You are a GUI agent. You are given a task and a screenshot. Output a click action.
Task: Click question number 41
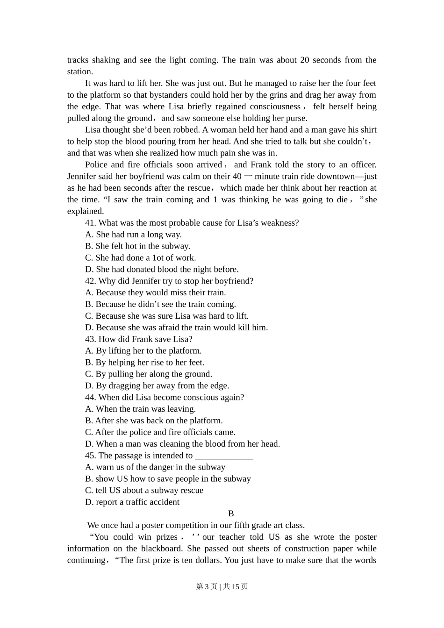(x=91, y=223)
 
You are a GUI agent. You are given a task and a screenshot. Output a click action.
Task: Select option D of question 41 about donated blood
(x=162, y=269)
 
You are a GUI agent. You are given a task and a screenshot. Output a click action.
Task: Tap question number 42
(x=91, y=281)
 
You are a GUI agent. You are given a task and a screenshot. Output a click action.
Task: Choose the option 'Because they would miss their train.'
(x=156, y=293)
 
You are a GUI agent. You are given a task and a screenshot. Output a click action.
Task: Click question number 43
(x=91, y=339)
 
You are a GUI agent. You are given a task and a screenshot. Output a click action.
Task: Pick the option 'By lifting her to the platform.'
(x=143, y=351)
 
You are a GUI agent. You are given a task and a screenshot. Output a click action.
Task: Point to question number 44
(x=91, y=397)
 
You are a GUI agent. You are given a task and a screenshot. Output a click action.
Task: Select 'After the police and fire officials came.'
(x=160, y=432)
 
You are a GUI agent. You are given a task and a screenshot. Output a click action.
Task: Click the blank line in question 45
(x=224, y=456)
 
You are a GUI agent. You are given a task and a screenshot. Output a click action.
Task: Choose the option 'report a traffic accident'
(x=132, y=502)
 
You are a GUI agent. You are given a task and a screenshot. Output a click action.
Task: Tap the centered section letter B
(x=231, y=514)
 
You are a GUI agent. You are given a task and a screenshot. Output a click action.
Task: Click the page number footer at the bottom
(x=222, y=586)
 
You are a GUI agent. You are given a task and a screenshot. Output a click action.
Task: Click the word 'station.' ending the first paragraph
(x=80, y=71)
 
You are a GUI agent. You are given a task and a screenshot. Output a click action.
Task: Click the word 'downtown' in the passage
(x=337, y=176)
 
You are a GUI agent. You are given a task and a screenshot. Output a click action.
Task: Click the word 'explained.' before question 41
(x=86, y=211)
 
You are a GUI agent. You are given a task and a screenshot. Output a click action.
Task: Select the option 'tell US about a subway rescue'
(x=144, y=491)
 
